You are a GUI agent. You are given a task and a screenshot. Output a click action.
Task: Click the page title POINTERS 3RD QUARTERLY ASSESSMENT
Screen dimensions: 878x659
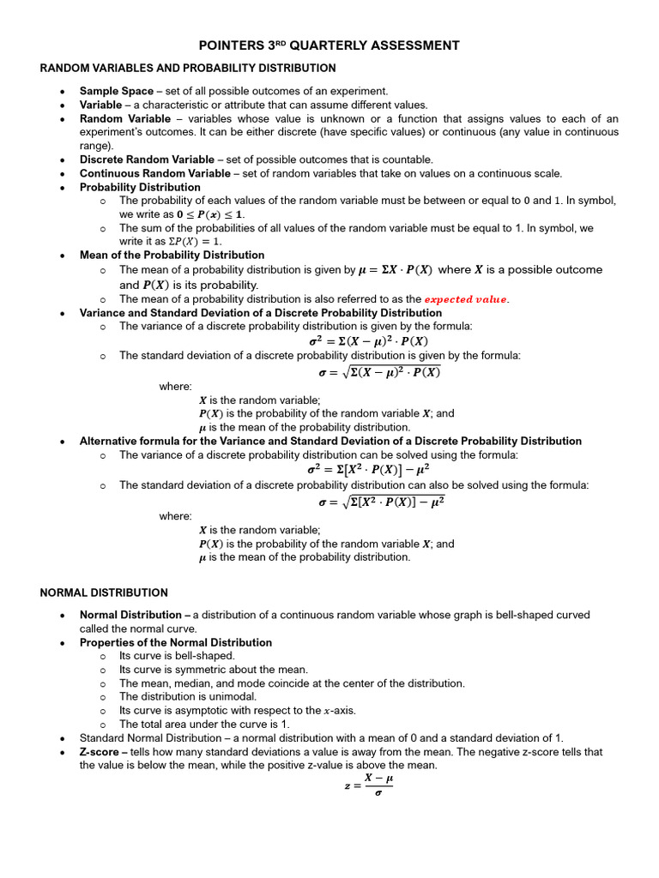point(329,45)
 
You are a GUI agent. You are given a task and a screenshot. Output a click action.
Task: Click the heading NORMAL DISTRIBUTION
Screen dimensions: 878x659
point(104,592)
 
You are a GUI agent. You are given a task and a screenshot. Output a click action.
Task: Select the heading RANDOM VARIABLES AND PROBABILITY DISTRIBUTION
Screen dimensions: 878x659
point(188,68)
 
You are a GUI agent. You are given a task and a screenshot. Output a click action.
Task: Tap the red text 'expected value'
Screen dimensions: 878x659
point(467,299)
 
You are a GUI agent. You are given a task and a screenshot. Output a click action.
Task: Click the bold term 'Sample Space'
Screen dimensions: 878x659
point(117,91)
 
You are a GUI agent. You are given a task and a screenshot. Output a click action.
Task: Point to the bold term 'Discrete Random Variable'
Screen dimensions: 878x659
point(147,159)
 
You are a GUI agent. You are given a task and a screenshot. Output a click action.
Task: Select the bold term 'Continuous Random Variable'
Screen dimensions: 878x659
point(154,173)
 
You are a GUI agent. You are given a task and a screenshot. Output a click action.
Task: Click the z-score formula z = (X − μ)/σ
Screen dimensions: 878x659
point(369,785)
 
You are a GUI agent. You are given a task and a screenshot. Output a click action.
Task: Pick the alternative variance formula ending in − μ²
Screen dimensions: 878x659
point(368,470)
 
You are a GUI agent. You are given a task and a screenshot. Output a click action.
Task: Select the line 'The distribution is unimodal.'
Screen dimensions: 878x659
point(185,697)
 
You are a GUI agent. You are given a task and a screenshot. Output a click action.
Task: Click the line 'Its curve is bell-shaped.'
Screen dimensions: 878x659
point(176,656)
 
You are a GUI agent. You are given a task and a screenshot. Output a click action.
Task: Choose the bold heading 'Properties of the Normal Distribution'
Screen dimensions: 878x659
point(176,642)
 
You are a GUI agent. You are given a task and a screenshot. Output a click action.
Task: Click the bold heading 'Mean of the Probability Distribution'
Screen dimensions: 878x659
point(172,256)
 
